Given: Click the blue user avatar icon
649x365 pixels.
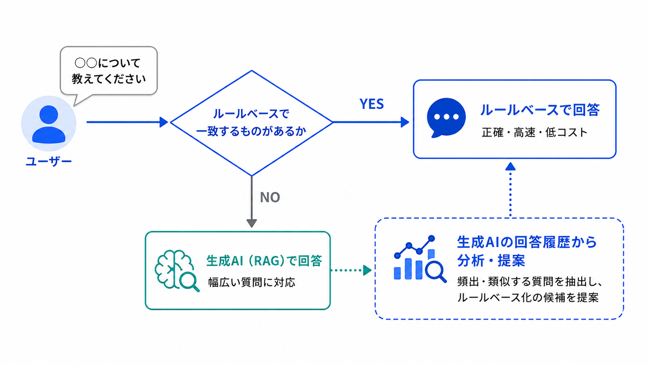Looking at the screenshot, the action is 49,124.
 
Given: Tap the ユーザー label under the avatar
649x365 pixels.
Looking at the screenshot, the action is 49,161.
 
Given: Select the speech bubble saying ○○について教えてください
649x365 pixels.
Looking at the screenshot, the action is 109,71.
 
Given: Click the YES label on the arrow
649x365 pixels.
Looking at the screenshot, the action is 372,104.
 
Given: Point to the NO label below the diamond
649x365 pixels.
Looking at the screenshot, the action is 270,197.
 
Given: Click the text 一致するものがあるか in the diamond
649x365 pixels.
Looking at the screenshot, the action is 251,131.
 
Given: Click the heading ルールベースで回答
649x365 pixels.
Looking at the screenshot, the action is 540,110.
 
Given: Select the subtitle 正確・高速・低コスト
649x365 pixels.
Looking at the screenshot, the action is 534,133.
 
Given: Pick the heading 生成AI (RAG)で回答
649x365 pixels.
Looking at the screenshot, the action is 264,261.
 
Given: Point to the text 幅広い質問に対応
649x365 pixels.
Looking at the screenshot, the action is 252,282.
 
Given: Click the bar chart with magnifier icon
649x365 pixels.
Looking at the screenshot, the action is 420,258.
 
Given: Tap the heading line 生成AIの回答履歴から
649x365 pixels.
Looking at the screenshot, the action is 527,242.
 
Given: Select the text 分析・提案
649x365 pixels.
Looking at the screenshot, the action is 491,261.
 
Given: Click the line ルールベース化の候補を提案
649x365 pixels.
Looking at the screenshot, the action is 528,298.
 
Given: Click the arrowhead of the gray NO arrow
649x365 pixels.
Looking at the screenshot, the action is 252,223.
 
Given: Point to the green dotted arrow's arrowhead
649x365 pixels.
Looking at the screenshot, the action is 367,270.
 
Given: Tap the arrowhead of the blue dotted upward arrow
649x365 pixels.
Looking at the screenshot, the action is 510,166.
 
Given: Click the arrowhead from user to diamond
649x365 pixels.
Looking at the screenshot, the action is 164,122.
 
